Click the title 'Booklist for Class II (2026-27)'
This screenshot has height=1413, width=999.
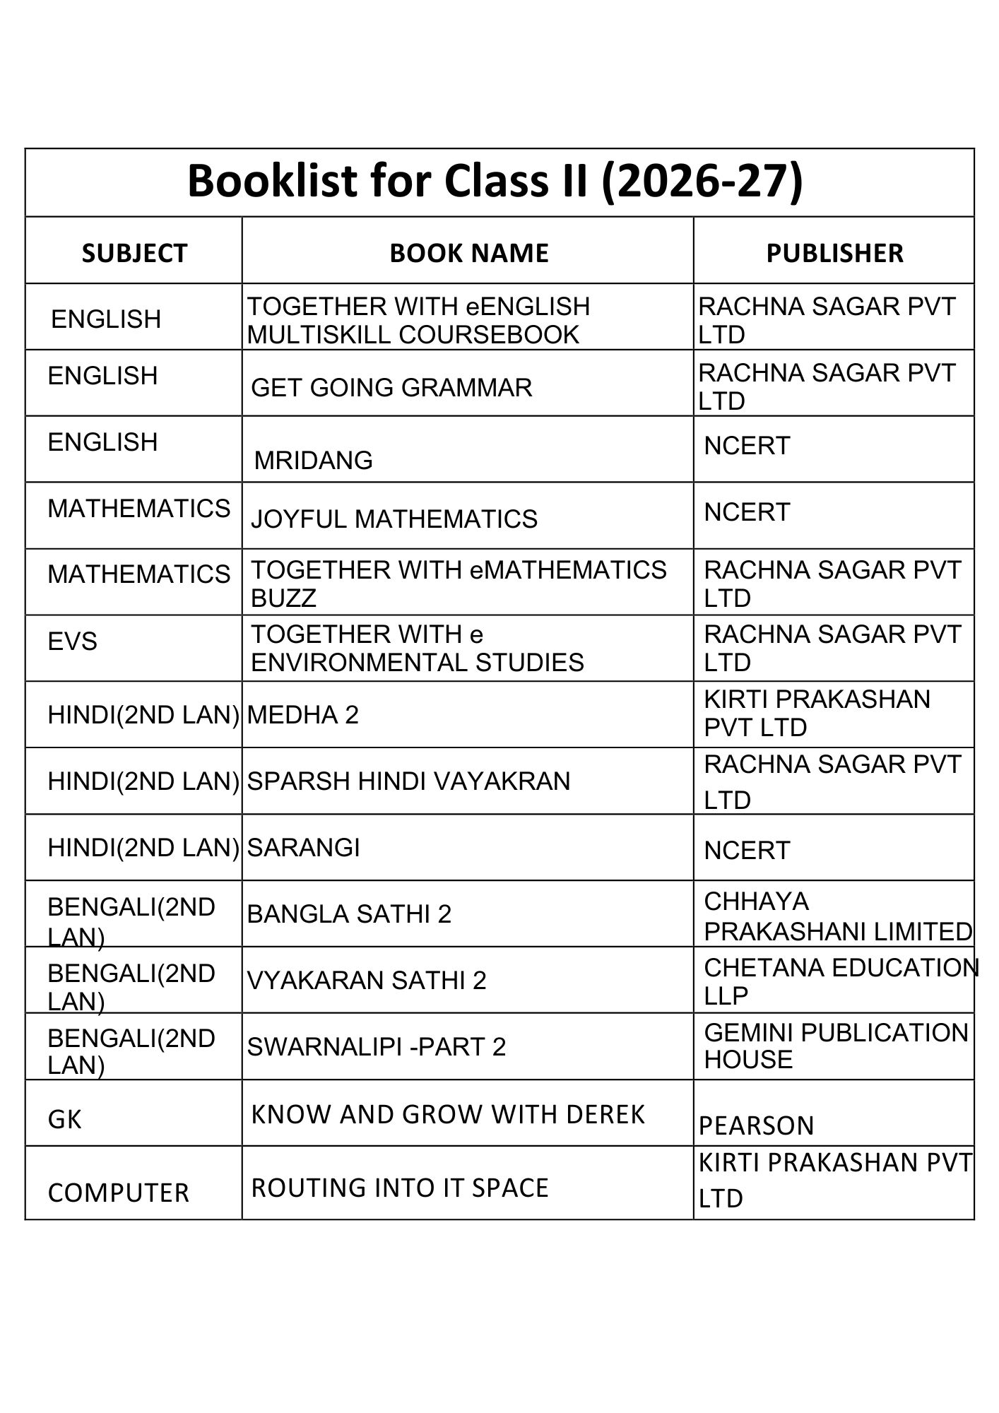click(x=495, y=181)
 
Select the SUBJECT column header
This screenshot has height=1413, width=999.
click(x=134, y=253)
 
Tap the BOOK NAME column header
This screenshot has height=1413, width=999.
click(x=468, y=253)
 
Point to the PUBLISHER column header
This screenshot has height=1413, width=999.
click(x=834, y=253)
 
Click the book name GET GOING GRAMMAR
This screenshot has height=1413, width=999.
click(x=391, y=387)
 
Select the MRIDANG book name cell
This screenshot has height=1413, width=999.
click(x=313, y=460)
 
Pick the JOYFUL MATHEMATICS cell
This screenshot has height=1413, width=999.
click(x=394, y=519)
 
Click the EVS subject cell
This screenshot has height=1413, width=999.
click(x=72, y=642)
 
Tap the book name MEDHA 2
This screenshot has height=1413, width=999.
click(x=303, y=715)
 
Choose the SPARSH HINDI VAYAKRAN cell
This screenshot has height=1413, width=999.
click(x=408, y=781)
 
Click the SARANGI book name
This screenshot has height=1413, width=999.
click(x=303, y=847)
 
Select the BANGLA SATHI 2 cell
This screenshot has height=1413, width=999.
click(x=349, y=914)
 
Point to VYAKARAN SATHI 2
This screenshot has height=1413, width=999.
click(x=367, y=981)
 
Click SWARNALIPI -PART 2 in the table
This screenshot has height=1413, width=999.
click(x=377, y=1046)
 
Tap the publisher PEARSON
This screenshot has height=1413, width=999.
click(x=756, y=1125)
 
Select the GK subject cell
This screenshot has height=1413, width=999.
click(x=64, y=1119)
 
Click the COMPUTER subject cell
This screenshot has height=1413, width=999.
click(x=118, y=1193)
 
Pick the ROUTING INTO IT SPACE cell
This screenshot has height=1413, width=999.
click(x=400, y=1188)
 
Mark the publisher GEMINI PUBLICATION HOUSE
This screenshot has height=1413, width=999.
click(x=836, y=1046)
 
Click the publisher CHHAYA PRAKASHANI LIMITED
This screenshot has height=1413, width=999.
click(x=837, y=916)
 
